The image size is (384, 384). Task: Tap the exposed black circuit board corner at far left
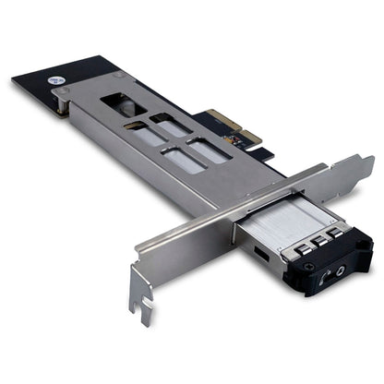pyautogui.click(x=23, y=81)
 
